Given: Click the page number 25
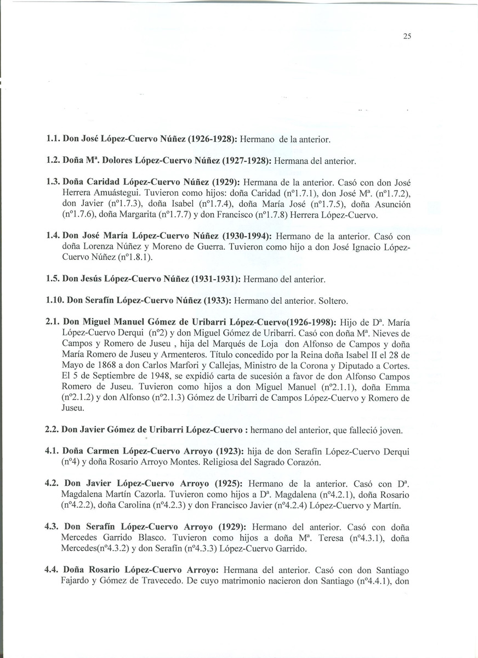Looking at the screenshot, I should tap(407, 37).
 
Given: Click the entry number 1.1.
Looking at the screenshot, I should tap(53, 140).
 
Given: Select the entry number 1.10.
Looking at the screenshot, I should tap(55, 300).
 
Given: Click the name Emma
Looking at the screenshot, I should tap(398, 387).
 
